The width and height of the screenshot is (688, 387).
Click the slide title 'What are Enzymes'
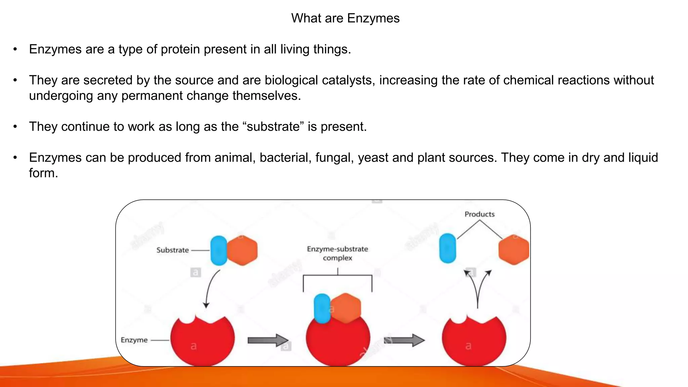point(345,18)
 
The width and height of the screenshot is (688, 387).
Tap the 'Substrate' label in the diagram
point(173,250)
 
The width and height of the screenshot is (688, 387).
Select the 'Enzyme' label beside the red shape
point(134,340)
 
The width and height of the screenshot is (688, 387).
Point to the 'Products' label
point(479,214)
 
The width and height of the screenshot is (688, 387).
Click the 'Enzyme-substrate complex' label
point(337,253)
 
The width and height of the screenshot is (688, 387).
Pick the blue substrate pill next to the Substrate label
point(219,251)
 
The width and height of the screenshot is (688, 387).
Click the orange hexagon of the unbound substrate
point(243,251)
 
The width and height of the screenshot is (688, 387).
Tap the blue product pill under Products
point(448,248)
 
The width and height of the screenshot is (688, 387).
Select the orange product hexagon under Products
point(513,250)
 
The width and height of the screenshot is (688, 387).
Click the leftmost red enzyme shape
point(202,341)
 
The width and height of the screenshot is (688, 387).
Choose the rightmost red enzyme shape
point(474,341)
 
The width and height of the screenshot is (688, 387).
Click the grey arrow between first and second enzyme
point(268,340)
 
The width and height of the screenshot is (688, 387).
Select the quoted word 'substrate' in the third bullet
point(273,127)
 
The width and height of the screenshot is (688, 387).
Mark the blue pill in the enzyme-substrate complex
point(322,308)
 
